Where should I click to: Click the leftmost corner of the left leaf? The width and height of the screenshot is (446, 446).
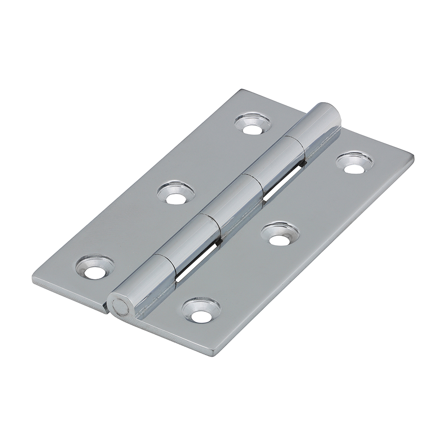[34, 280]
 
